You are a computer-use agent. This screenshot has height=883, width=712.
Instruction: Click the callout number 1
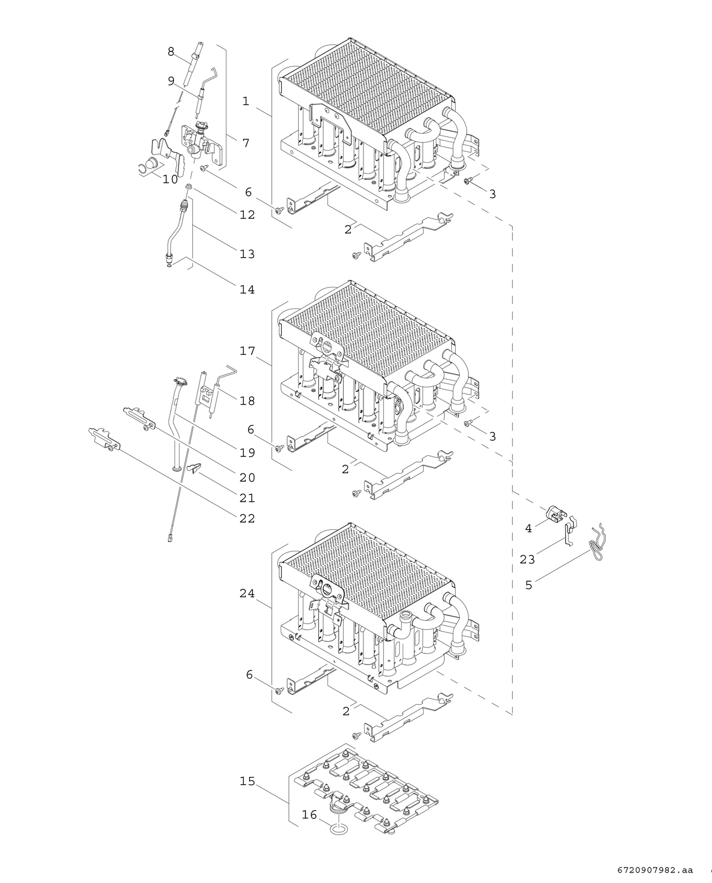pos(246,101)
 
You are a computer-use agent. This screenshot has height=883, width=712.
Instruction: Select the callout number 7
pos(246,143)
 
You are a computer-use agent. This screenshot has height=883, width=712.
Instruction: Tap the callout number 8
pos(171,52)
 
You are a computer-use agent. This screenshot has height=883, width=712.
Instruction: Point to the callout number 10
pos(170,179)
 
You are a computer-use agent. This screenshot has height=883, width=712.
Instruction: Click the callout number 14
pos(247,290)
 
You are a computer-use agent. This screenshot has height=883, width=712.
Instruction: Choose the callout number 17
pos(247,351)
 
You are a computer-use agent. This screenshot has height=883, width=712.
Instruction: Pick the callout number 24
pos(247,593)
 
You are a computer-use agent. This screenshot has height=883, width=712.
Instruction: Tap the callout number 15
pos(247,781)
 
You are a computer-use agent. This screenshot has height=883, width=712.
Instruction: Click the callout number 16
pos(309,815)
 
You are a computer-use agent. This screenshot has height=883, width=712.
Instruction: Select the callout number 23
pos(528,559)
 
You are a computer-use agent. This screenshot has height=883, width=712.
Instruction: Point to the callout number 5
pos(529,585)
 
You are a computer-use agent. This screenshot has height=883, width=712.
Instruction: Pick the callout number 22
pos(247,519)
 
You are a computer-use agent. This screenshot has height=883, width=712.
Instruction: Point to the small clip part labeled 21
pos(195,467)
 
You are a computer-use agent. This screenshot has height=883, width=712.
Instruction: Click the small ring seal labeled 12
pos(189,187)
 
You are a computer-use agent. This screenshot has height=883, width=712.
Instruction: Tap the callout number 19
pos(247,453)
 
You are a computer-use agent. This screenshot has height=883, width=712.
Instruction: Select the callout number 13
pos(247,254)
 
